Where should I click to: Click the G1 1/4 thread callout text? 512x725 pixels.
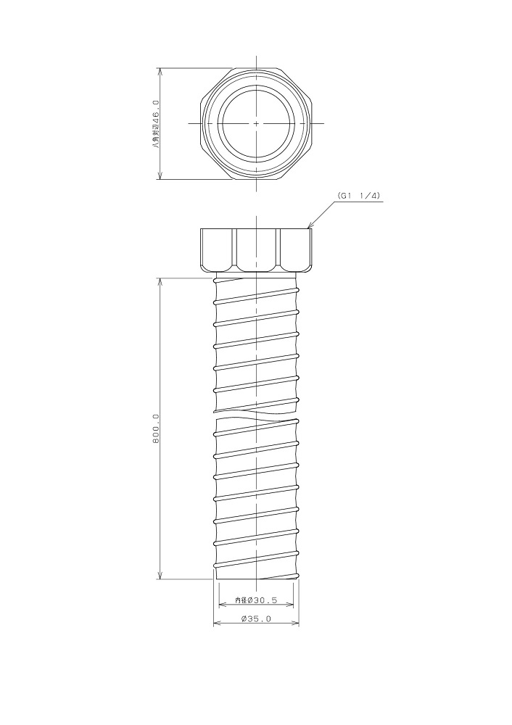(359, 196)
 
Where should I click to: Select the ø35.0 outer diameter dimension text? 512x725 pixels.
(256, 618)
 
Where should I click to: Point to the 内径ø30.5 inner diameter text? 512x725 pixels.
(256, 600)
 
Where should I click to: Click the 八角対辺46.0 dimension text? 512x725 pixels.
(156, 124)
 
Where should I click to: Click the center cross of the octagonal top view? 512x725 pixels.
(256, 123)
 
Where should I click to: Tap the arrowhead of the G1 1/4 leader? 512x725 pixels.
(308, 226)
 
